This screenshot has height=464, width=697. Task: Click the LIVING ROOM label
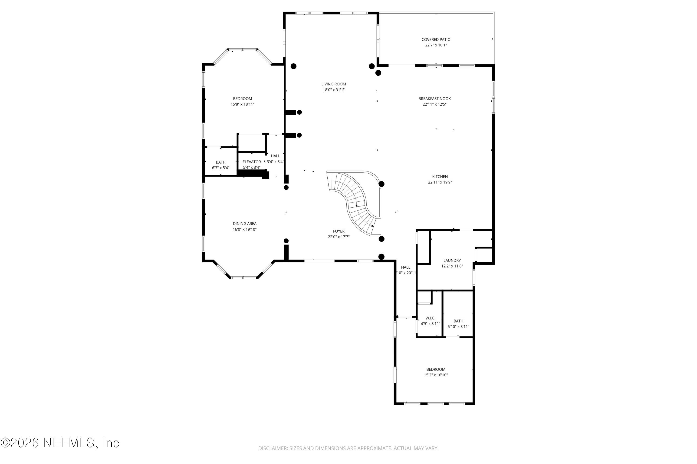333,84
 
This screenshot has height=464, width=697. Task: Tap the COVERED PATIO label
436,39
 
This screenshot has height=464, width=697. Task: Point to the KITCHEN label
440,177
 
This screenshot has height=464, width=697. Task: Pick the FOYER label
339,231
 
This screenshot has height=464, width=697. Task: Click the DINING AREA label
244,224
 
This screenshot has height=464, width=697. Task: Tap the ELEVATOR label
251,162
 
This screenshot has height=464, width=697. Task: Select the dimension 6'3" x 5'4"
220,168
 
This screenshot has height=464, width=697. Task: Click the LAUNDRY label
452,260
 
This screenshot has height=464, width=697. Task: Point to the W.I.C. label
430,318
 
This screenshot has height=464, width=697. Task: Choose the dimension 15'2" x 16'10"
435,375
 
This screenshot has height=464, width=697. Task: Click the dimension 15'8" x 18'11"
242,104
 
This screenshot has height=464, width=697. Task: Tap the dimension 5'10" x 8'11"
458,327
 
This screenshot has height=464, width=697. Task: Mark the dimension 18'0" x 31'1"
333,90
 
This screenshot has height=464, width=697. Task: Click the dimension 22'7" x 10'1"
436,45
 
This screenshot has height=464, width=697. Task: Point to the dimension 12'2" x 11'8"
452,266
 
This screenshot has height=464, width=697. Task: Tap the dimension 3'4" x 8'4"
275,161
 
